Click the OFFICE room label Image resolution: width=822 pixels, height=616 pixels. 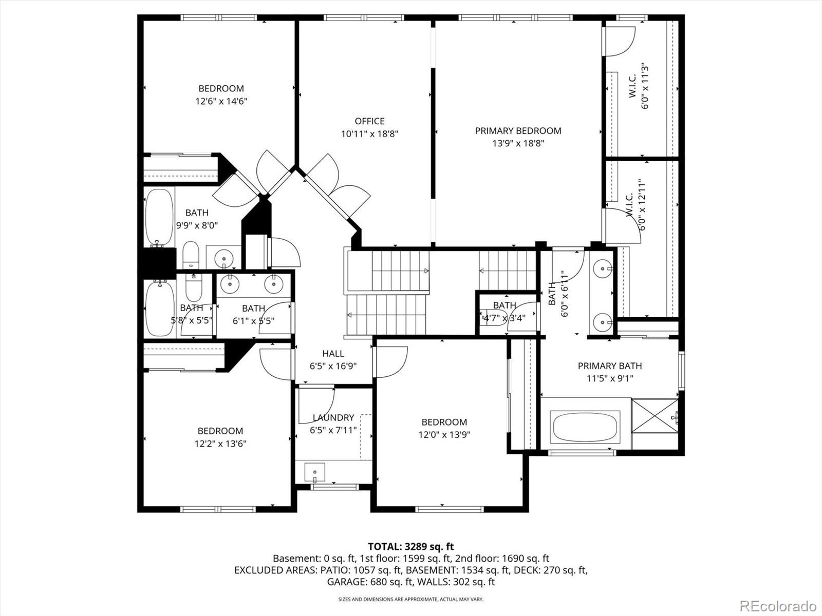coord(369,121)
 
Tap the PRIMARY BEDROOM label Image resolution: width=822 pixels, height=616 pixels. coord(518,131)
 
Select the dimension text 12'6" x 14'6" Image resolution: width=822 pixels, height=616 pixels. coord(221,102)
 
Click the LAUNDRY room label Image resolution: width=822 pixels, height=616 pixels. coord(333,418)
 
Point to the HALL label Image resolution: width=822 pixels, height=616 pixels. coord(333,354)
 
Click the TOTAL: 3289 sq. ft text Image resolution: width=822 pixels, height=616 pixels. coord(410,547)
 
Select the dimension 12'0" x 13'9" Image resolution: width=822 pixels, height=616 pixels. coord(444,435)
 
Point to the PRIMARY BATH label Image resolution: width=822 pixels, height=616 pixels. coord(609,366)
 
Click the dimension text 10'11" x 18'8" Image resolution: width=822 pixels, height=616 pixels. coord(369,134)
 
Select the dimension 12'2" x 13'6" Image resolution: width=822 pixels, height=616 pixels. coord(220,444)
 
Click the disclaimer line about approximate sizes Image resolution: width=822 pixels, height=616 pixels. coord(410,599)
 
